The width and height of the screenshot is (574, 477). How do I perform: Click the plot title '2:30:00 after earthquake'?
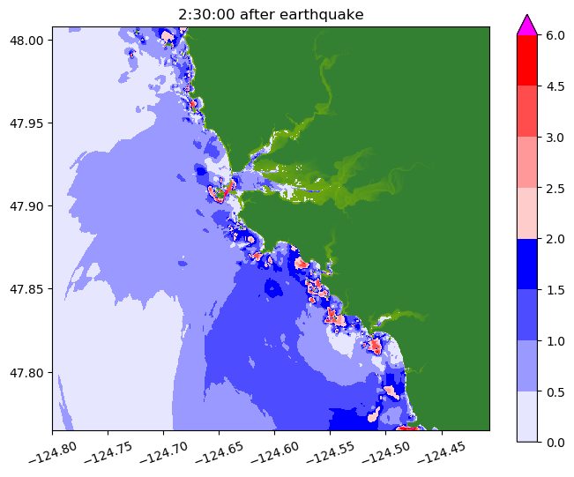pos(270,13)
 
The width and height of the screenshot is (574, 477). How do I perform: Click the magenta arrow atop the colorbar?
pos(527,25)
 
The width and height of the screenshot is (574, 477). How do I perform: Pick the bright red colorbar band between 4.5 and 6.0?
pos(527,60)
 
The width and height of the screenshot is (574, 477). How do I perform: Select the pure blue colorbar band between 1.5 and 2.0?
pos(527,263)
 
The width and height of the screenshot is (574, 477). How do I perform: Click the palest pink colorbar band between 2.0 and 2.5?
pos(527,212)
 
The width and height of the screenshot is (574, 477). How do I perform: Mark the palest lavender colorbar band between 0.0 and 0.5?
pos(527,415)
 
